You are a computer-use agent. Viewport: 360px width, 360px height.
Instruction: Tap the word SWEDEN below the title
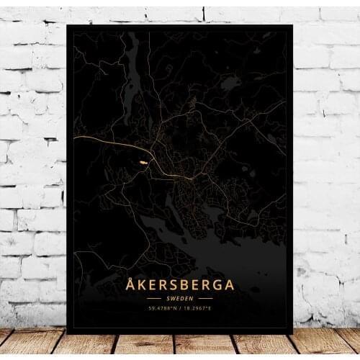pos(180,297)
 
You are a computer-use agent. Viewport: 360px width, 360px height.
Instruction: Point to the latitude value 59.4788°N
pos(163,308)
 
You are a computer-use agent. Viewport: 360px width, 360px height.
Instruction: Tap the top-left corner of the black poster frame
pos(66,24)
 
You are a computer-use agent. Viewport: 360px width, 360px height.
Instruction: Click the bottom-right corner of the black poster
pos(292,333)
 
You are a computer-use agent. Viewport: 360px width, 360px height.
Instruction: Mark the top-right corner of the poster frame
pos(292,25)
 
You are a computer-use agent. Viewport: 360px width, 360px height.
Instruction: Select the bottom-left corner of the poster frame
pos(66,333)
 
